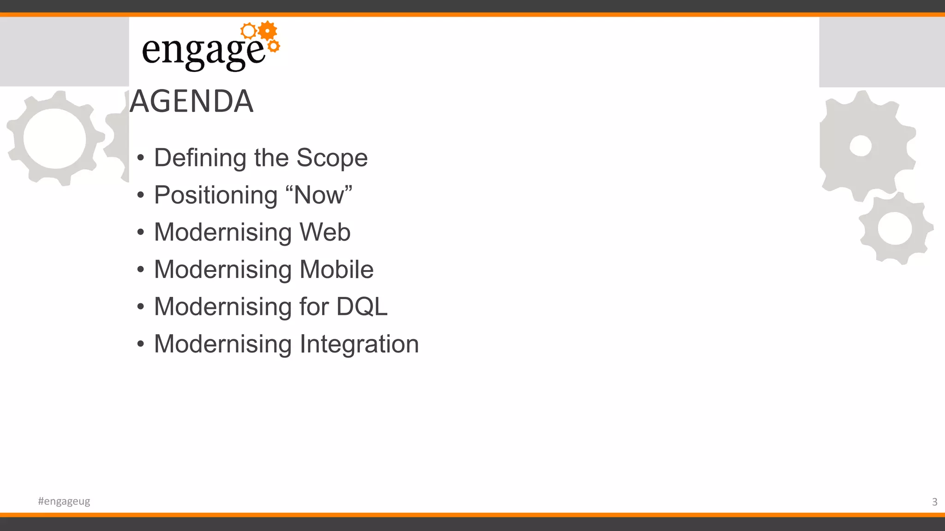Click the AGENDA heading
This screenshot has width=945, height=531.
pos(191,101)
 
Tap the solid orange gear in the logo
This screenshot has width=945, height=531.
pos(267,31)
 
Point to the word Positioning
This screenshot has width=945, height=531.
pos(215,195)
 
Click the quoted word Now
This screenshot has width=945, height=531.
pos(319,195)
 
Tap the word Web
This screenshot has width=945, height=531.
pos(325,232)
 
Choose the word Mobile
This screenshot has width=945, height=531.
pos(336,269)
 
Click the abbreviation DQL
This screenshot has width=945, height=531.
pos(362,307)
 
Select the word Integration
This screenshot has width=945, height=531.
pos(359,344)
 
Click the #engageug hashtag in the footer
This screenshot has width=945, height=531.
pos(64,501)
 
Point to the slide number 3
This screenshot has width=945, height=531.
pos(934,501)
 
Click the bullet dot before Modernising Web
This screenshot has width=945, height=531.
pos(141,232)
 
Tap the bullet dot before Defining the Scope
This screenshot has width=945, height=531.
pos(141,158)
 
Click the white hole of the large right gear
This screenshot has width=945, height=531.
pos(861,146)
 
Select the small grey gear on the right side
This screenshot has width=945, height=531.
pos(895,229)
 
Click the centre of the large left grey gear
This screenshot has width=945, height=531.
pos(54,138)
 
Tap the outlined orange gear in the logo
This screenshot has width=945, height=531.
pos(248,31)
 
